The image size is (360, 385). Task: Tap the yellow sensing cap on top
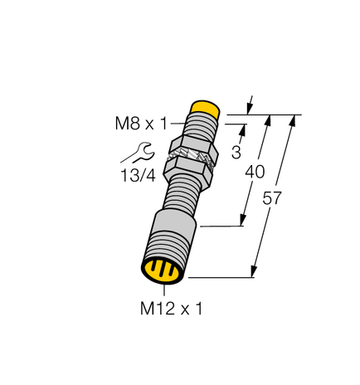(x=204, y=109)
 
